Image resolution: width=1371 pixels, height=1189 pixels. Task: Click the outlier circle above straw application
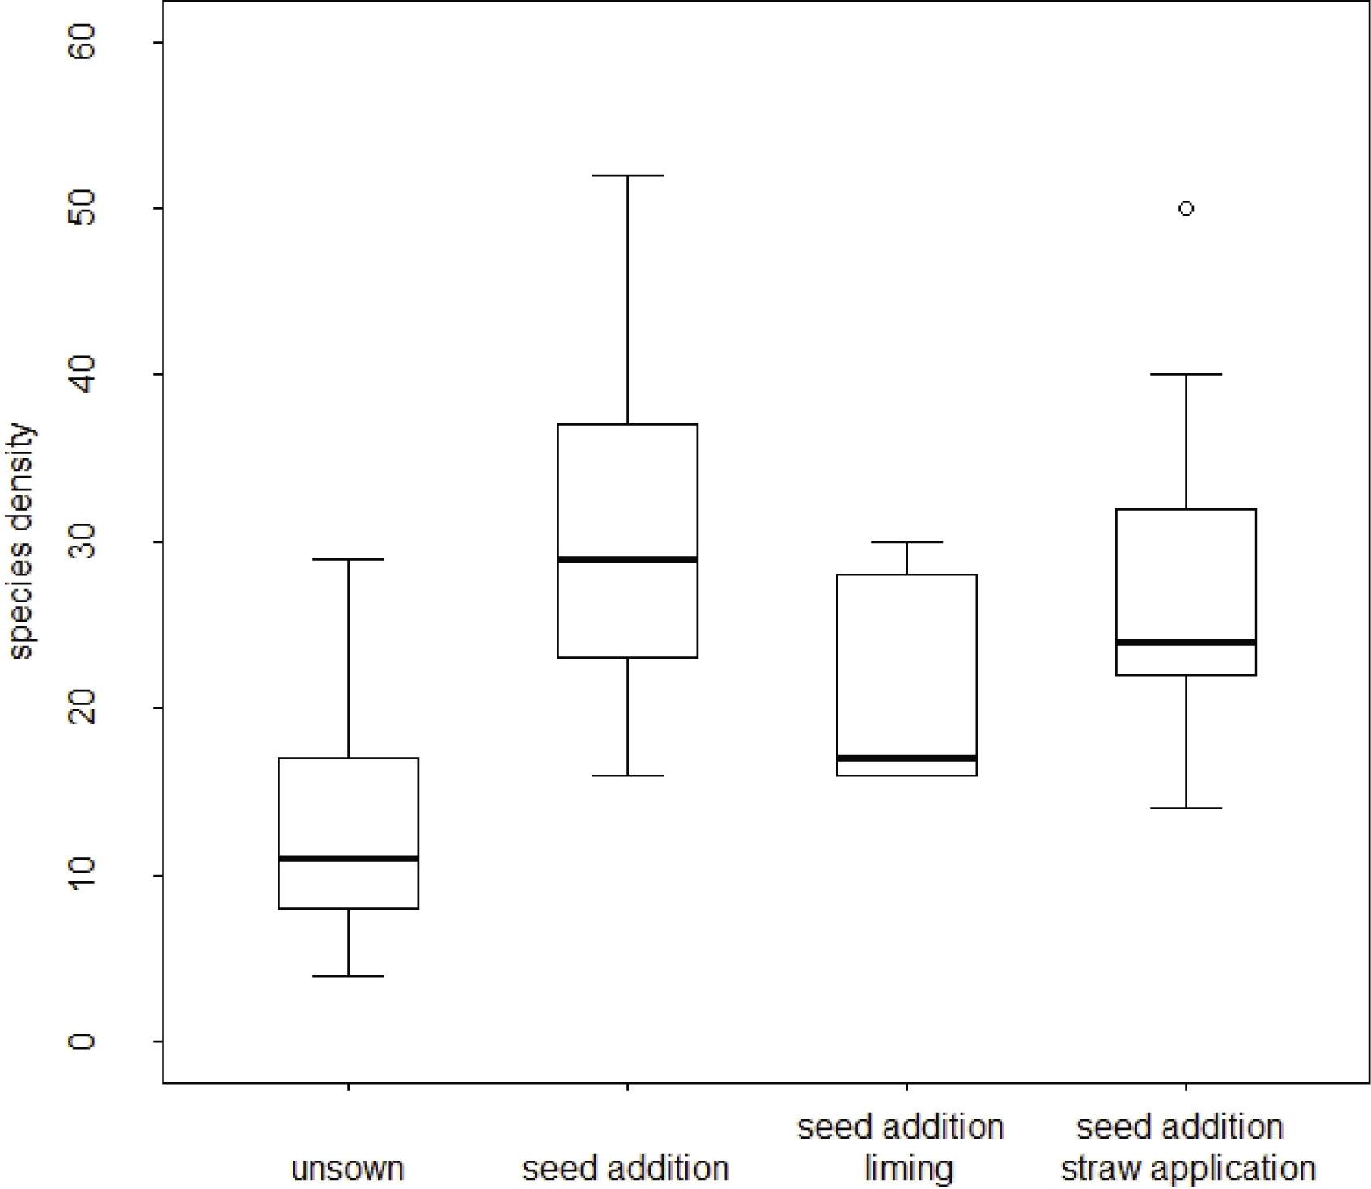click(1186, 209)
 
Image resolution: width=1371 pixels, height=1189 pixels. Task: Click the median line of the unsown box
click(348, 858)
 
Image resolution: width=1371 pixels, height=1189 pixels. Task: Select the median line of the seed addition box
click(627, 559)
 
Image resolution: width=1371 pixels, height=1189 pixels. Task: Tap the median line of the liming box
click(906, 758)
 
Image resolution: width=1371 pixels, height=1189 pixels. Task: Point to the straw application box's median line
click(1186, 643)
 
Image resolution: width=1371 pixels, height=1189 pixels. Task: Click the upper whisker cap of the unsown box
click(348, 559)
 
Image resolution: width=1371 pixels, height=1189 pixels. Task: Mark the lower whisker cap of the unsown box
click(348, 976)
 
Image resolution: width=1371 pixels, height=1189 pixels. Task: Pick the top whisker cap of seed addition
click(627, 176)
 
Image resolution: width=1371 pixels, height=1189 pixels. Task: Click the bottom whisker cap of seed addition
click(627, 775)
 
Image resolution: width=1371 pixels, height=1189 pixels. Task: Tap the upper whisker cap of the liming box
click(906, 542)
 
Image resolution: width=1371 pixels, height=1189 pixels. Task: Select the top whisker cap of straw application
click(1186, 375)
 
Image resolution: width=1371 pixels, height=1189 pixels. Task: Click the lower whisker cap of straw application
click(1186, 809)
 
